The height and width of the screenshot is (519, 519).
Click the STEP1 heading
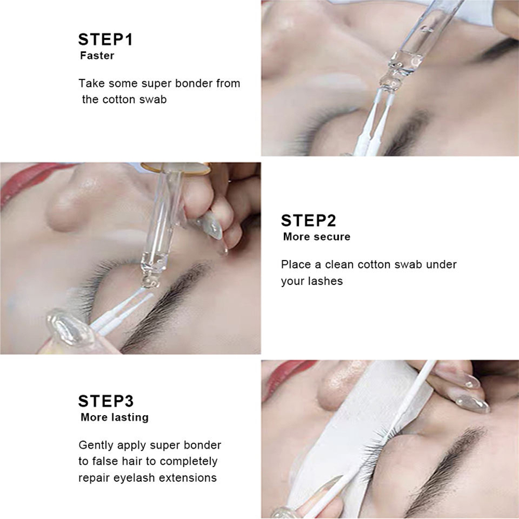click(105, 39)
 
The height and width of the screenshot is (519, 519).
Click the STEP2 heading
click(308, 221)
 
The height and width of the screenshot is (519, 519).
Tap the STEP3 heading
click(105, 401)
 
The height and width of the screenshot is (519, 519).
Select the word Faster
click(97, 56)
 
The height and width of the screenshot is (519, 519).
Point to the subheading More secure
click(317, 237)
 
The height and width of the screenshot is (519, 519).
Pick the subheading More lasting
click(115, 417)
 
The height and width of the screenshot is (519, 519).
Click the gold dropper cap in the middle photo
click(176, 168)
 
